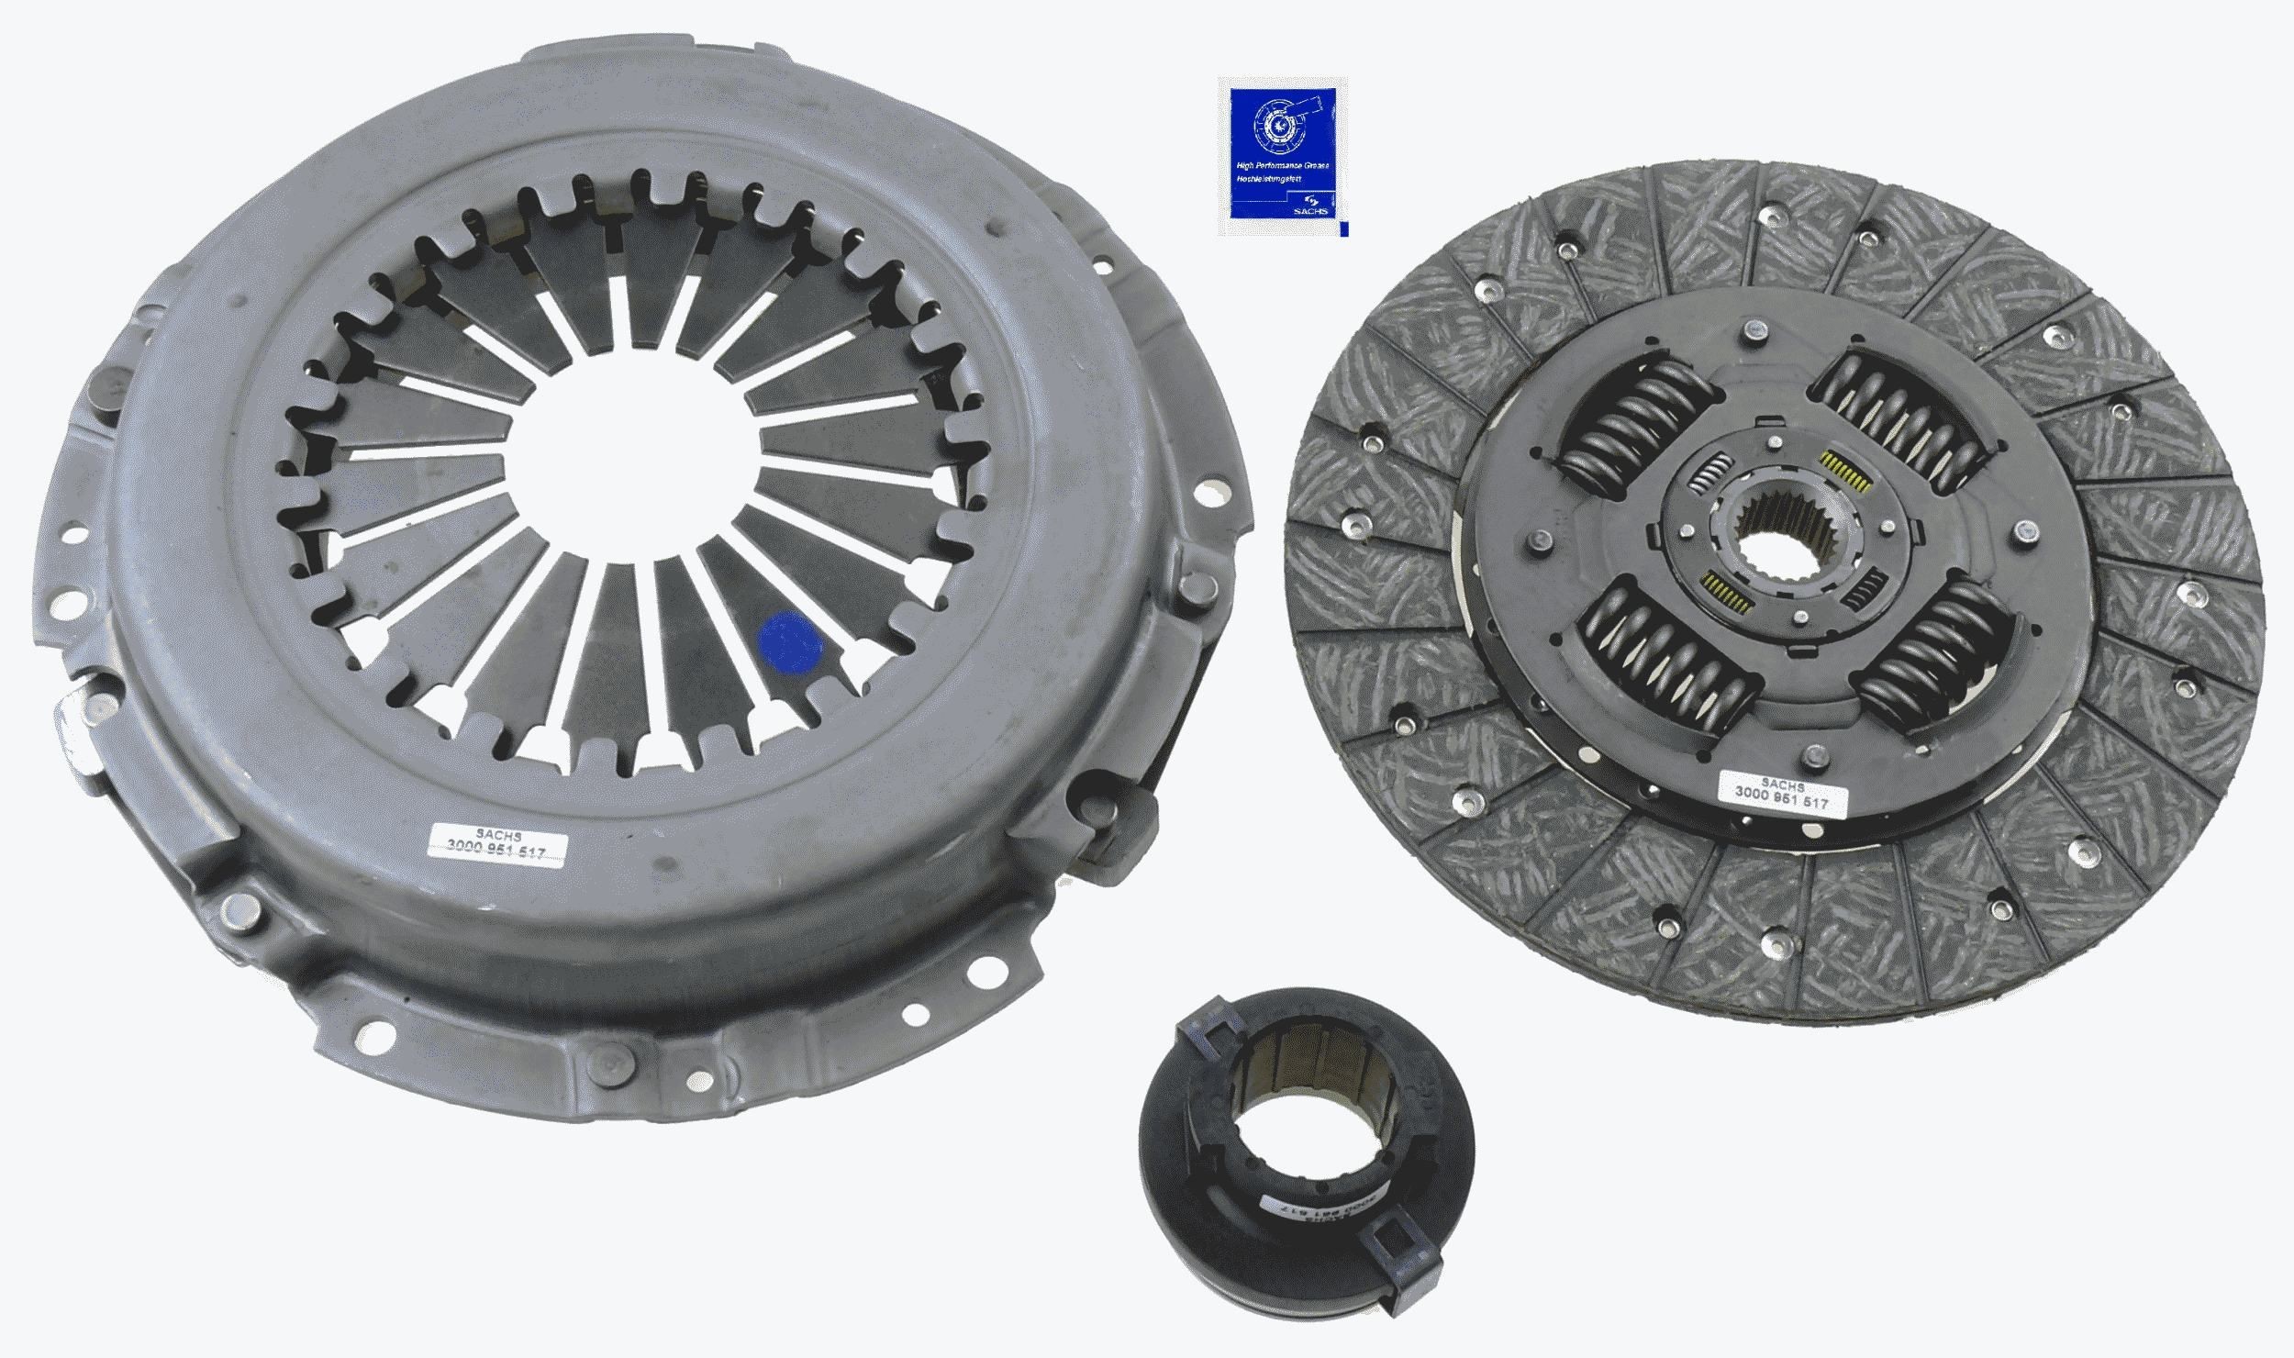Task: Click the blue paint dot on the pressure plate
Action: pos(792,642)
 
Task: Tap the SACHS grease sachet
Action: pos(1282,156)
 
